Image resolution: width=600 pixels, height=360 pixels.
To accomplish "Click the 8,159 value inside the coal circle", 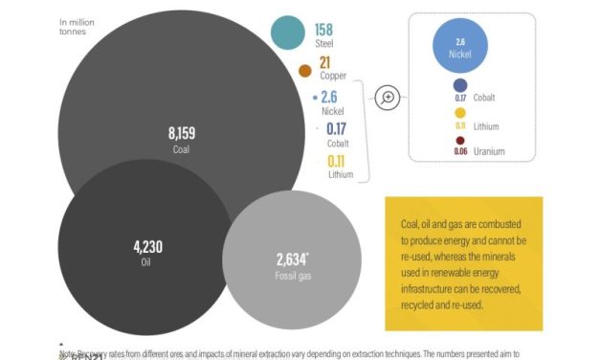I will point(182,133).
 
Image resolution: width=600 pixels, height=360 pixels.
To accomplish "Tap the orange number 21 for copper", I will point(324,62).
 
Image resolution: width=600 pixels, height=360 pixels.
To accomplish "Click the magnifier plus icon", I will point(387,98).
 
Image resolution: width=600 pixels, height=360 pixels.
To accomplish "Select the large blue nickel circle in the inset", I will point(459,48).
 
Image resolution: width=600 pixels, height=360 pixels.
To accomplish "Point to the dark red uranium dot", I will point(460,140).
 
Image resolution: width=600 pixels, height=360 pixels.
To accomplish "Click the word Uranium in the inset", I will point(490,151).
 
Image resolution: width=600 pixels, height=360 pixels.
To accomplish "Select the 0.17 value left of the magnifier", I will point(337,127).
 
